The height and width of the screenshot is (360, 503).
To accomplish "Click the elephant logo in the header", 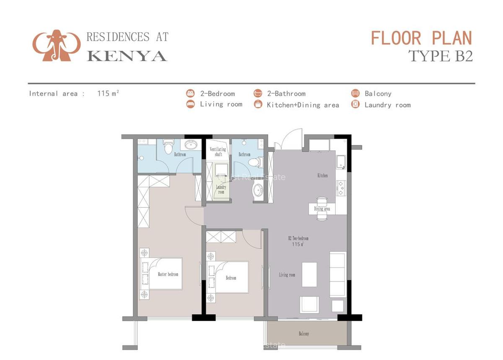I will point(56,45).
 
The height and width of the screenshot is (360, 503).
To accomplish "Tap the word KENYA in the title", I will point(127,55).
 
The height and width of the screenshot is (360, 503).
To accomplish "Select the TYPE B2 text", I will point(440,55).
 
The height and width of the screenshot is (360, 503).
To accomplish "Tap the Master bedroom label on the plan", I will point(168,274).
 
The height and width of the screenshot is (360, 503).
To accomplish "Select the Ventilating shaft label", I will point(218,151).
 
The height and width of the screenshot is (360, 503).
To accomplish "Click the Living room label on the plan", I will point(287,275).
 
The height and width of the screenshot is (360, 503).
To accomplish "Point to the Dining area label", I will point(322,209).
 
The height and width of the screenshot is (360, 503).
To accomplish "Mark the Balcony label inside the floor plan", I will point(304,334).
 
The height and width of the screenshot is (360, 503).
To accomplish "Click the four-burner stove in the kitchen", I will point(340,188).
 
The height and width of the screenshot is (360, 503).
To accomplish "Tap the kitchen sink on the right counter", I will point(340,162).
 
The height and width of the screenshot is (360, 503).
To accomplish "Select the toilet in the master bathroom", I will point(169,147).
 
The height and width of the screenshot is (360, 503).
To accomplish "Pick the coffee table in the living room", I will point(309,274).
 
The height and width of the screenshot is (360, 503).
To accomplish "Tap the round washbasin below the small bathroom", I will point(258,191).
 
